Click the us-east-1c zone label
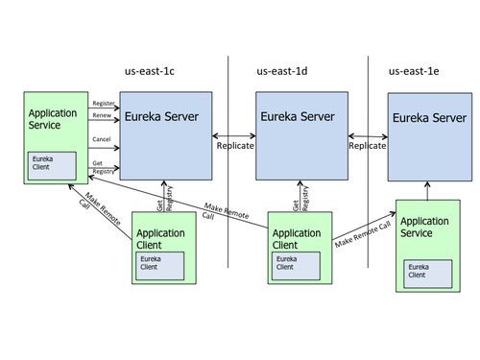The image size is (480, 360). click(156, 71)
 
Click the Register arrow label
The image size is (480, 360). click(103, 102)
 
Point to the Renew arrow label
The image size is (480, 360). click(101, 115)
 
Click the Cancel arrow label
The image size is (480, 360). click(102, 139)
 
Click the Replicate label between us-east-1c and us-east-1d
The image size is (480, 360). click(234, 147)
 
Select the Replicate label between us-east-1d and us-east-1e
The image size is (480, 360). click(367, 147)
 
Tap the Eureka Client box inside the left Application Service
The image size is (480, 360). click(50, 164)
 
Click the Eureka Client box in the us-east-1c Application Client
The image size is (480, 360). click(159, 262)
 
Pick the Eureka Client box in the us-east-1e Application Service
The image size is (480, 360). click(428, 270)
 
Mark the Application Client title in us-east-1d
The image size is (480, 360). click(297, 238)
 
